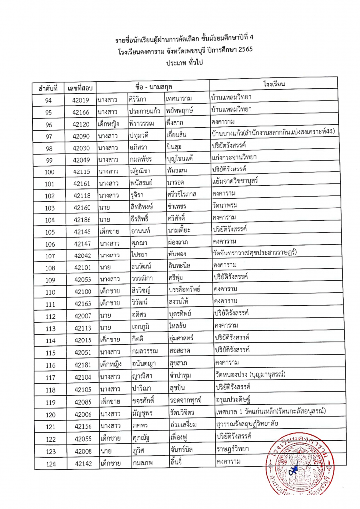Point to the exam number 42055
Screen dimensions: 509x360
(x=80, y=440)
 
